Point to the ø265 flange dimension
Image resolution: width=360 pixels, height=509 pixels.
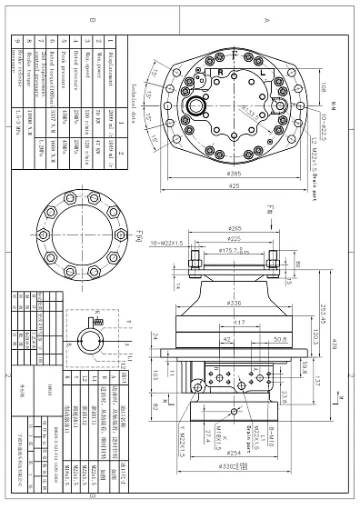pos(235,228)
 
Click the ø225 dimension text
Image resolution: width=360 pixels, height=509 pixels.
pos(235,239)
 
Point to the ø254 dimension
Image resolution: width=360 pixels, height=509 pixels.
pos(234,452)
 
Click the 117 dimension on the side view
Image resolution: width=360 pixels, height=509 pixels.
pos(237,322)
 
